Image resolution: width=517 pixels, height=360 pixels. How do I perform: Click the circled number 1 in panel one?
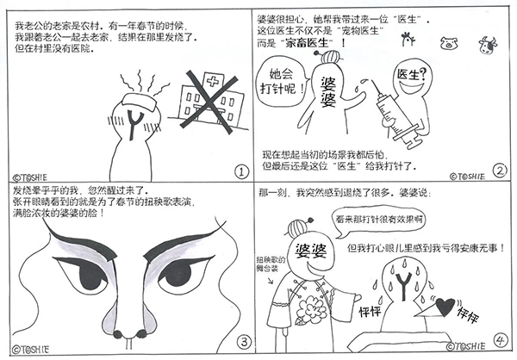(x=241, y=171)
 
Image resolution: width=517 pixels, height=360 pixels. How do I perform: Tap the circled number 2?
(x=500, y=171)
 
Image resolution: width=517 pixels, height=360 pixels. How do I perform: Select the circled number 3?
(x=244, y=342)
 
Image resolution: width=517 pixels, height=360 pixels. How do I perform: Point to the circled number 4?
(x=501, y=340)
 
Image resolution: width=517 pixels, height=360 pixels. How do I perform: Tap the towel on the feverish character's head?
(x=140, y=102)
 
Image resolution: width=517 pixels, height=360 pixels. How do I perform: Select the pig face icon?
(x=449, y=43)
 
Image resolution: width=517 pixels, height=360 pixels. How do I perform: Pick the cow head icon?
(x=488, y=45)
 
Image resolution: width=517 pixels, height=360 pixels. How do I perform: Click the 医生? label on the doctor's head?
(x=411, y=75)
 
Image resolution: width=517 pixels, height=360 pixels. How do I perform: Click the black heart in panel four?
(x=445, y=306)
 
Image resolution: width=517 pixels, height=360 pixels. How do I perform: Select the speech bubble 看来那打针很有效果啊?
(x=378, y=220)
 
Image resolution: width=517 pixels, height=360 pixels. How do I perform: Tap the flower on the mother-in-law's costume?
(x=311, y=309)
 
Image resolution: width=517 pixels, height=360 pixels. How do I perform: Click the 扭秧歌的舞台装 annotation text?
(x=271, y=264)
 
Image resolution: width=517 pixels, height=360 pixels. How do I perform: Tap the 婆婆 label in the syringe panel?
(x=328, y=91)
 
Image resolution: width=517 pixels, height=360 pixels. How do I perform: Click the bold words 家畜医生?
(x=307, y=43)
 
